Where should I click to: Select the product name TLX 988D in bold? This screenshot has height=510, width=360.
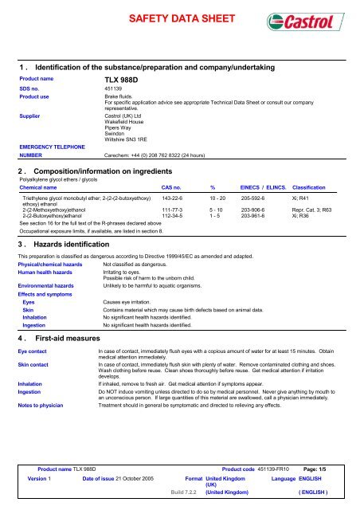coord(120,80)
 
